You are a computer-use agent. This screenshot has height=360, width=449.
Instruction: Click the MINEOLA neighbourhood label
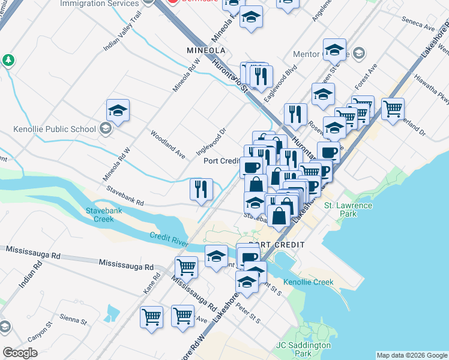tap(205, 50)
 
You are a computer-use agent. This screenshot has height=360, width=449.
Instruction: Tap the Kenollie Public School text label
tap(55, 129)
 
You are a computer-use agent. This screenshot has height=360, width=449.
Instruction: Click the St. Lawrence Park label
tap(348, 209)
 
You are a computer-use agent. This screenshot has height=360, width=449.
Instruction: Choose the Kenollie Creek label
tap(308, 282)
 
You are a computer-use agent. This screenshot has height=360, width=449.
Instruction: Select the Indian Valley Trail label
tap(122, 38)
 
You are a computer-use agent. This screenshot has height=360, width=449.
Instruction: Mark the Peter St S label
tap(248, 312)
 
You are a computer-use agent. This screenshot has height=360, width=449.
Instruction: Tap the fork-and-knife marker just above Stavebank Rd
tap(202, 189)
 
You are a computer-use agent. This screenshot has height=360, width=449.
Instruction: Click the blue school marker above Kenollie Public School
tap(118, 110)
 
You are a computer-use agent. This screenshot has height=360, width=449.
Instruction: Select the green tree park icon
tap(8, 60)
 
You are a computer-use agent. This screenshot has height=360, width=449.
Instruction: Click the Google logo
tap(20, 353)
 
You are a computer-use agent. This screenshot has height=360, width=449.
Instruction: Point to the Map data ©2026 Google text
tap(412, 355)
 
